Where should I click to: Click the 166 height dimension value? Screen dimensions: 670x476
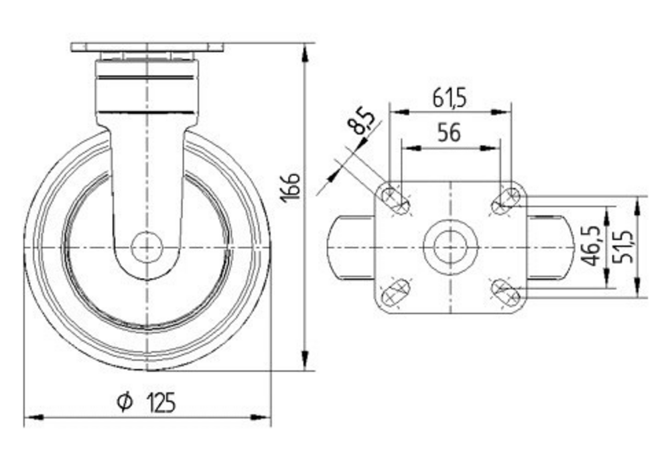click(291, 187)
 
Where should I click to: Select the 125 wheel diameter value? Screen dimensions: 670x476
click(161, 402)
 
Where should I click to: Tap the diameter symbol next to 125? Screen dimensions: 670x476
click(125, 402)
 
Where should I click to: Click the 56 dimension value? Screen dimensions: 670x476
click(449, 133)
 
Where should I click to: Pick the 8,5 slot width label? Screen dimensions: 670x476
click(360, 122)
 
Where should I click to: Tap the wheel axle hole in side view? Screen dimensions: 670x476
click(147, 248)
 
